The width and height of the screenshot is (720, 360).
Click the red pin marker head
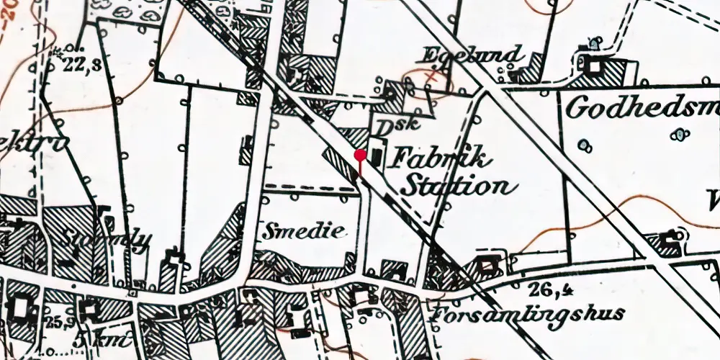tap(360, 154)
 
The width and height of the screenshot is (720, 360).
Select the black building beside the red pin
tap(374, 156)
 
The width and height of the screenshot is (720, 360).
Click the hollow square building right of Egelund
tap(594, 66)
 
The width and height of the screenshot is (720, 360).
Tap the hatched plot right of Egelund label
tap(529, 73)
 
